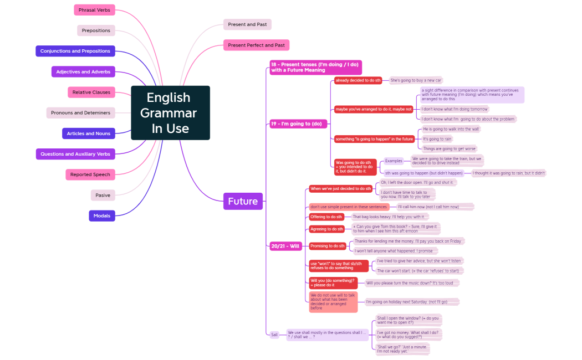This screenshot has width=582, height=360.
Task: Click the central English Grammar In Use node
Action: pos(170,113)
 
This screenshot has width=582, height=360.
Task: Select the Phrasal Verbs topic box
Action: pos(94,10)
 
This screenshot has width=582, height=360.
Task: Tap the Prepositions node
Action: pos(96,30)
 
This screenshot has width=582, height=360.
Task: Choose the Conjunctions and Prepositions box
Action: pos(75,51)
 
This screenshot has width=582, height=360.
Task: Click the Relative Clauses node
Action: pos(91,92)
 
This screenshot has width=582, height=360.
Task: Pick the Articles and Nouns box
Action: pos(89,133)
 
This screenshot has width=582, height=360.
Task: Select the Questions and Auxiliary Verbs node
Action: pos(75,154)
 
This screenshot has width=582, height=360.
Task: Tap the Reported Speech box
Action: pos(90,174)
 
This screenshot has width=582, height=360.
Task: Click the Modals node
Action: pos(102,215)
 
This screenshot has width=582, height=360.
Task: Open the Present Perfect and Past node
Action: pos(256,45)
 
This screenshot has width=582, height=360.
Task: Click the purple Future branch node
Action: pos(243,202)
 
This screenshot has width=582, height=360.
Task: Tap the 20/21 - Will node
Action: pos(285,246)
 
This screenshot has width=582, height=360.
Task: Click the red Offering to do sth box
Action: pos(326,217)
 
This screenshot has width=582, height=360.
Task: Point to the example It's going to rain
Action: pos(437,139)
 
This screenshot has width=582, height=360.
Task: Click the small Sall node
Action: pos(274,335)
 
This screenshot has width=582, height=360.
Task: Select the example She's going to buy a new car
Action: pos(416,80)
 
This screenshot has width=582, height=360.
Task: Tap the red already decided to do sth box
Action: pos(358,80)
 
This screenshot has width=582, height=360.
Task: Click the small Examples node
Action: pos(394,161)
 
